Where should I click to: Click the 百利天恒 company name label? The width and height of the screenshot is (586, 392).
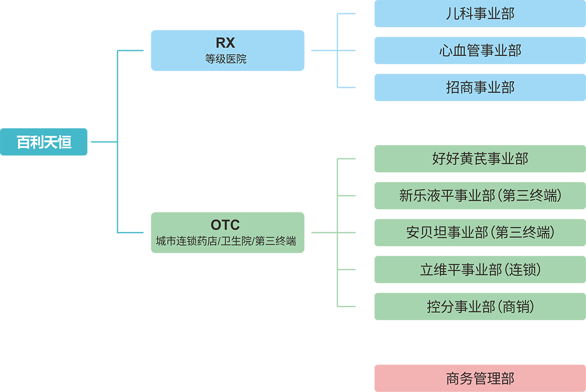click(x=44, y=142)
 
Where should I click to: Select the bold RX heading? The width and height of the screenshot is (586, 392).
click(x=226, y=43)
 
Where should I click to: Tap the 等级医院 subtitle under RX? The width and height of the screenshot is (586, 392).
click(x=226, y=59)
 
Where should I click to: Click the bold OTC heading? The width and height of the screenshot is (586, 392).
click(x=225, y=224)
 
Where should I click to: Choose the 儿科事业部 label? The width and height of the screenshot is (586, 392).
click(x=480, y=14)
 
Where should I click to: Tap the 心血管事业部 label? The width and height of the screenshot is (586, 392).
click(x=480, y=51)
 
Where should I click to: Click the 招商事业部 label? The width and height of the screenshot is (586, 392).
click(x=480, y=87)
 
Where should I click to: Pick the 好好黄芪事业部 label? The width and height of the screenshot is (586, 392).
click(x=480, y=159)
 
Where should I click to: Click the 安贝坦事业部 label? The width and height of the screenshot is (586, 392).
click(x=447, y=232)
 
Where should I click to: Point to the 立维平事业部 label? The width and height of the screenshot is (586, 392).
click(x=461, y=270)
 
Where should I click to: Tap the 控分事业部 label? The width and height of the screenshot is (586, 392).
click(x=461, y=307)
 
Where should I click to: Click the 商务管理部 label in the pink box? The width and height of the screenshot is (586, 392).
click(x=480, y=378)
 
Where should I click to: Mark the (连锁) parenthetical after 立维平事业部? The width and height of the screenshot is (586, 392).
click(x=522, y=270)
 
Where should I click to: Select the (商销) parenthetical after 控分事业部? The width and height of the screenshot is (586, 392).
click(x=516, y=307)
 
